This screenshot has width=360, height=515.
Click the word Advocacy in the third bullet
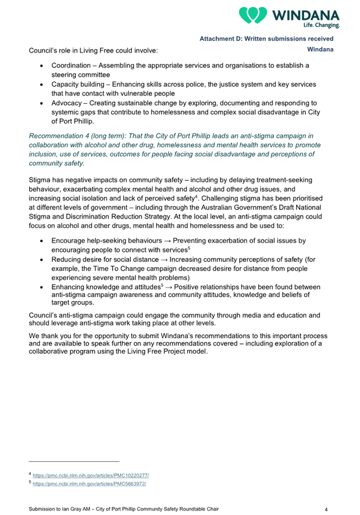[x=68, y=103]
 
